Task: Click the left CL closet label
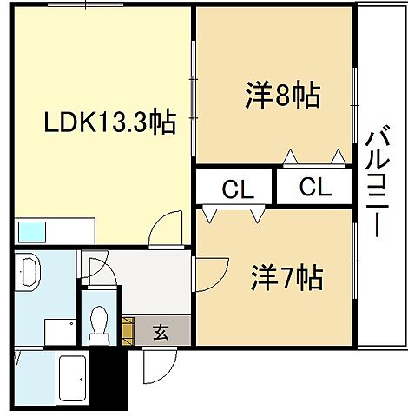(x=235, y=187)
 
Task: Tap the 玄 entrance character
(x=162, y=331)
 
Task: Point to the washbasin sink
(x=26, y=272)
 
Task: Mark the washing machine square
(x=59, y=330)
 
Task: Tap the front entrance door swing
(x=156, y=369)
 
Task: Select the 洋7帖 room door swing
(x=209, y=275)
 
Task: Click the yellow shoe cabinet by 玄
(x=128, y=331)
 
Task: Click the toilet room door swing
(x=94, y=264)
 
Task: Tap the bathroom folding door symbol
(x=17, y=358)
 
